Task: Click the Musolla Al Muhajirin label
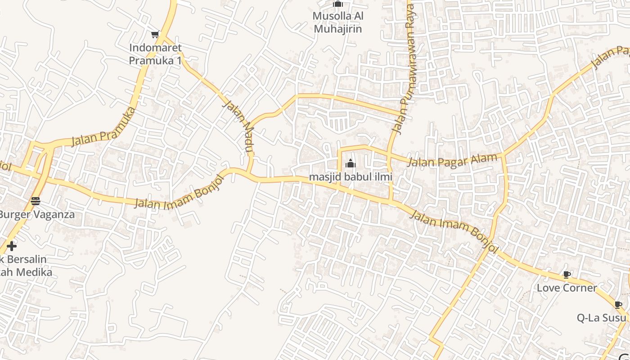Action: [x=338, y=22]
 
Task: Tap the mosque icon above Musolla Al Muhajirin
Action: [x=338, y=4]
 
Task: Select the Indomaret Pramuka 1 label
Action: [x=156, y=54]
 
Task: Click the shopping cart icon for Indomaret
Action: [x=155, y=34]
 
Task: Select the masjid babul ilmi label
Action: [x=350, y=177]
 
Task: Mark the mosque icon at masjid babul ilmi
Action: [x=350, y=163]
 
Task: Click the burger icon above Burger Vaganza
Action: [x=36, y=201]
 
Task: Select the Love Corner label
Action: [x=567, y=288]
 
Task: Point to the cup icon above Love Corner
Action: [x=567, y=274]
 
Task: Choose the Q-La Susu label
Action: [x=601, y=318]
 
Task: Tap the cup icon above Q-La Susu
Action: [x=618, y=305]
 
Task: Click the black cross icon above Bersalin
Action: [x=12, y=246]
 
